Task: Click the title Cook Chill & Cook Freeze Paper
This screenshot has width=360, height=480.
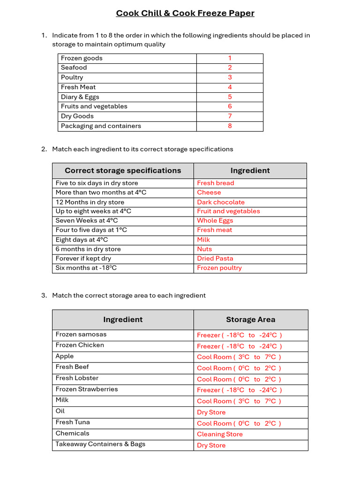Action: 185,13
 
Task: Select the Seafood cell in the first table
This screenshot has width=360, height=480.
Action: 74,67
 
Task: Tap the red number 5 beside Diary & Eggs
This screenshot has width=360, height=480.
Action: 230,97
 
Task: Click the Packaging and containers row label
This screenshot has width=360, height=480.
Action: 101,126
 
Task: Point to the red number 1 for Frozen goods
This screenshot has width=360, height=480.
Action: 230,58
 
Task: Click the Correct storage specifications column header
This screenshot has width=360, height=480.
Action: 123,171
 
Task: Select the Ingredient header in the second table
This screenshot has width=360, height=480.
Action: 250,171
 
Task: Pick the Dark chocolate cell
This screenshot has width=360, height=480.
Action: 221,202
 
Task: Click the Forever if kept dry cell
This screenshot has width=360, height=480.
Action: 83,258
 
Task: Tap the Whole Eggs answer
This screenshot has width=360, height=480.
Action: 215,220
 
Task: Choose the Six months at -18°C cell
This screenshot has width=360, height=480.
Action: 86,268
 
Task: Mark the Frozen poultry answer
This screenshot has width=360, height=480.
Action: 219,268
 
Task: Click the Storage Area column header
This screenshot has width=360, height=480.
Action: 250,320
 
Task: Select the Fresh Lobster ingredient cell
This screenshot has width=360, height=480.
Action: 77,378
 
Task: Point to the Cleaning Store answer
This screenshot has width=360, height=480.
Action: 220,434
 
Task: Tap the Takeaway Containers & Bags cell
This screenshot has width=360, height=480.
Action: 100,444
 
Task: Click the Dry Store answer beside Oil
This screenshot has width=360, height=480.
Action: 211,412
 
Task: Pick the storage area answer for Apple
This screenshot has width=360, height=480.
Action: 239,357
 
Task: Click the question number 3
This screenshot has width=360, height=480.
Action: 44,295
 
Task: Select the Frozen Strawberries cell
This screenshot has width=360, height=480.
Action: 87,389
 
